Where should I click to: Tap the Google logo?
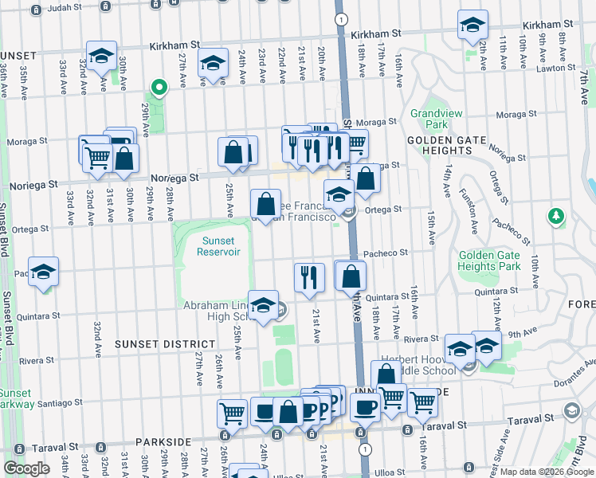coord(27,468)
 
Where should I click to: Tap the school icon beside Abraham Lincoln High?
coord(263,304)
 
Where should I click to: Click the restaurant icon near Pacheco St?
coord(309,276)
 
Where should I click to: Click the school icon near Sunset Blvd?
coord(43,270)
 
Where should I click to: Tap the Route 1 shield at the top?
coord(341,18)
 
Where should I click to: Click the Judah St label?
coord(65,10)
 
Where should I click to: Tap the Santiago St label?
coord(59,403)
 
